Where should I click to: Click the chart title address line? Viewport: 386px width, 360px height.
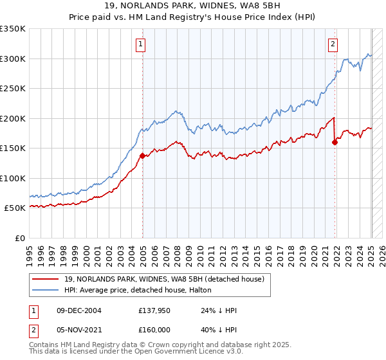[x=193, y=6]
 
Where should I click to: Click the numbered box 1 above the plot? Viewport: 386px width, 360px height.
[x=140, y=44]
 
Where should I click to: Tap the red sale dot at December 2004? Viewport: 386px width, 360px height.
[x=142, y=156]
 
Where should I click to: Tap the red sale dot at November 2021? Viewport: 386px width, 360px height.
[x=335, y=142]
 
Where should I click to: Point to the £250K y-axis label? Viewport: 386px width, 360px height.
[x=13, y=88]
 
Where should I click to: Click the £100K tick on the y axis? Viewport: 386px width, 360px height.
[x=13, y=178]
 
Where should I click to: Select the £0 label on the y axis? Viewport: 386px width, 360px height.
[x=19, y=238]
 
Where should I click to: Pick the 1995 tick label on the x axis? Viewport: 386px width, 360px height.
[x=30, y=251]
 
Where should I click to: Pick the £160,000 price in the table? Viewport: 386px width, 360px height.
[x=154, y=330]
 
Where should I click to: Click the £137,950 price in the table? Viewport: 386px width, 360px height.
[x=154, y=310]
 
